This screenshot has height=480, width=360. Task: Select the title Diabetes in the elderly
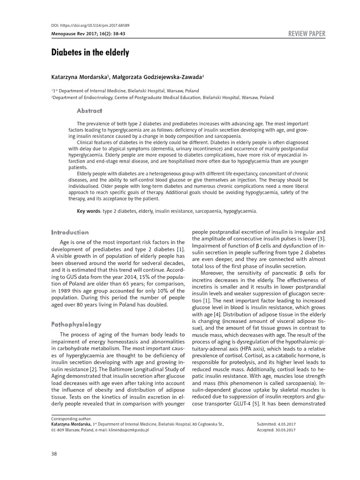(90, 52)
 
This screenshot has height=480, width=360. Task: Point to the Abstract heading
(89, 111)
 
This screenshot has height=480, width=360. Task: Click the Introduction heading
(69, 232)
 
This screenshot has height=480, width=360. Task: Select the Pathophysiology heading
(76, 324)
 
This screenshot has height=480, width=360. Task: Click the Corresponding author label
(71, 417)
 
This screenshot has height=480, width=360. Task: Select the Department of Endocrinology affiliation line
(162, 97)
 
